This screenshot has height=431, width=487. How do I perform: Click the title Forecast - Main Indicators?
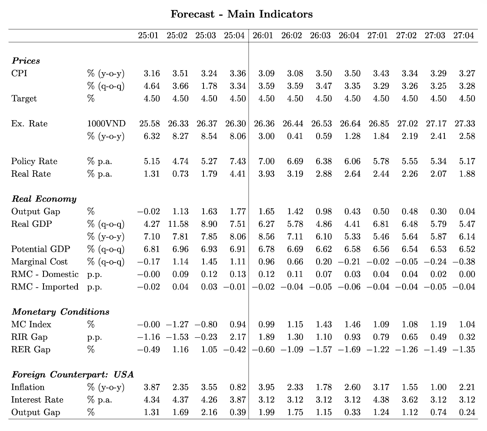(241, 14)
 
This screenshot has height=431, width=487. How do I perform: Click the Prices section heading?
(26, 61)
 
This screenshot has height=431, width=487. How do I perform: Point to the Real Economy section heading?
(44, 199)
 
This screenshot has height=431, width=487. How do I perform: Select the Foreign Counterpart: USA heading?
(73, 374)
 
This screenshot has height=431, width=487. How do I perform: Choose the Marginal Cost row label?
(39, 262)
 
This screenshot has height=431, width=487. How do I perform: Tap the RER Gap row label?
(31, 350)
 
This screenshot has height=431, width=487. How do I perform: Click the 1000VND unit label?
(106, 124)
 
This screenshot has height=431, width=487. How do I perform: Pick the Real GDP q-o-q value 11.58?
(177, 224)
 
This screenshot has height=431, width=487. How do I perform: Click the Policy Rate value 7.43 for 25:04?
(238, 161)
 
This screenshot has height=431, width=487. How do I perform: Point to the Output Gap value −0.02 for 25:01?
(148, 212)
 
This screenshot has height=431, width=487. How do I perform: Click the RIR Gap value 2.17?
(238, 337)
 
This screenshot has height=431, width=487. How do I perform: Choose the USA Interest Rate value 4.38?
(381, 400)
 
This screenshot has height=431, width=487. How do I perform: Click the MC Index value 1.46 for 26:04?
(352, 324)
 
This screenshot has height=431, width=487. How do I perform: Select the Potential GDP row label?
(40, 249)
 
